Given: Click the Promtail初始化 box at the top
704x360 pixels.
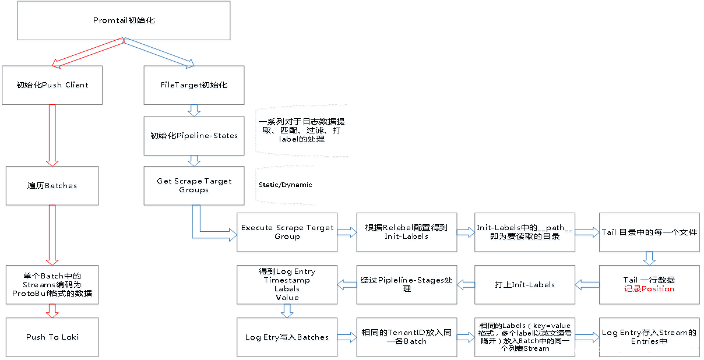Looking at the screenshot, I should pos(124,20).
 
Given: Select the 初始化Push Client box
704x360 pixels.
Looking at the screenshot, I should pos(52,85).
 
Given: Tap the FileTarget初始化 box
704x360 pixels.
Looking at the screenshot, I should pos(194,85).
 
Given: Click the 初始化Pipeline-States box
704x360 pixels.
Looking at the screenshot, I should pos(194,136).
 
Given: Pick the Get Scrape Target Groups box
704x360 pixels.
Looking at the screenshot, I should pos(194,185).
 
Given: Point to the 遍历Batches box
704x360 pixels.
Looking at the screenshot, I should pos(52,185).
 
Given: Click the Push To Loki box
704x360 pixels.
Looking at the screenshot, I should pos(52,337).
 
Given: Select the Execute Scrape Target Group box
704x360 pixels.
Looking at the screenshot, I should pos(287,232).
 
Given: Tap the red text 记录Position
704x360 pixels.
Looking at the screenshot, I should pos(649,289).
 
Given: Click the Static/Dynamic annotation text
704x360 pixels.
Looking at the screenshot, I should pos(286,185).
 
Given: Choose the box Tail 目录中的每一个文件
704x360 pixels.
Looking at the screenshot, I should pos(649,232).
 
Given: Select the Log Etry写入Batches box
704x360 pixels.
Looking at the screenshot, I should pos(287,337).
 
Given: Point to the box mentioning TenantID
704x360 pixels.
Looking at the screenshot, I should pos(407,337).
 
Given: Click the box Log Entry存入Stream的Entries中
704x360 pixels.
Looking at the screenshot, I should pos(649,337).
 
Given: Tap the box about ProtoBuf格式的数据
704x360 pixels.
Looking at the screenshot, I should pos(52,285).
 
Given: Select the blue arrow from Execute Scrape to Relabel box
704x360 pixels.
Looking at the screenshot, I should pos(347,232).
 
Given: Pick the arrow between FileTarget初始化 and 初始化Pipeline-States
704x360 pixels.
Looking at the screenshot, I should pos(194,110).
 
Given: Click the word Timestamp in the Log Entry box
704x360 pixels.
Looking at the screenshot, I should pos(287,280).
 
